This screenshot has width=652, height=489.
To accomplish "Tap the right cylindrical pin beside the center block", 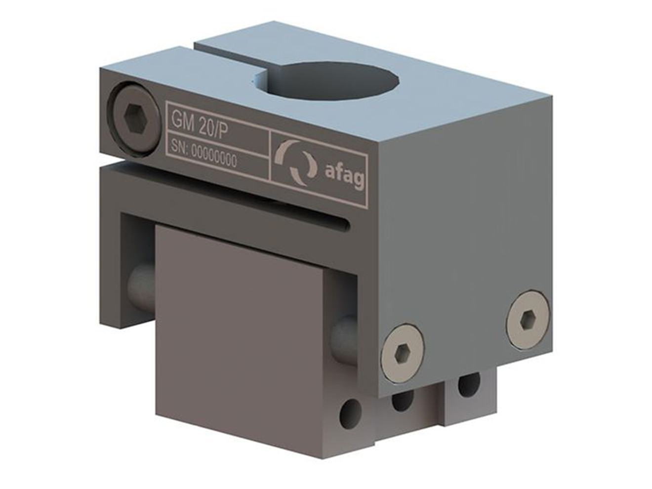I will pos(344,341).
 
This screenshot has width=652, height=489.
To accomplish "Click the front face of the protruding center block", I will pos(237,336).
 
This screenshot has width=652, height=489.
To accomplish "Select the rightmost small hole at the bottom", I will pos(467,384).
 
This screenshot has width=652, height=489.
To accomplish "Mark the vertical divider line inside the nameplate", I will pos(270,156).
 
